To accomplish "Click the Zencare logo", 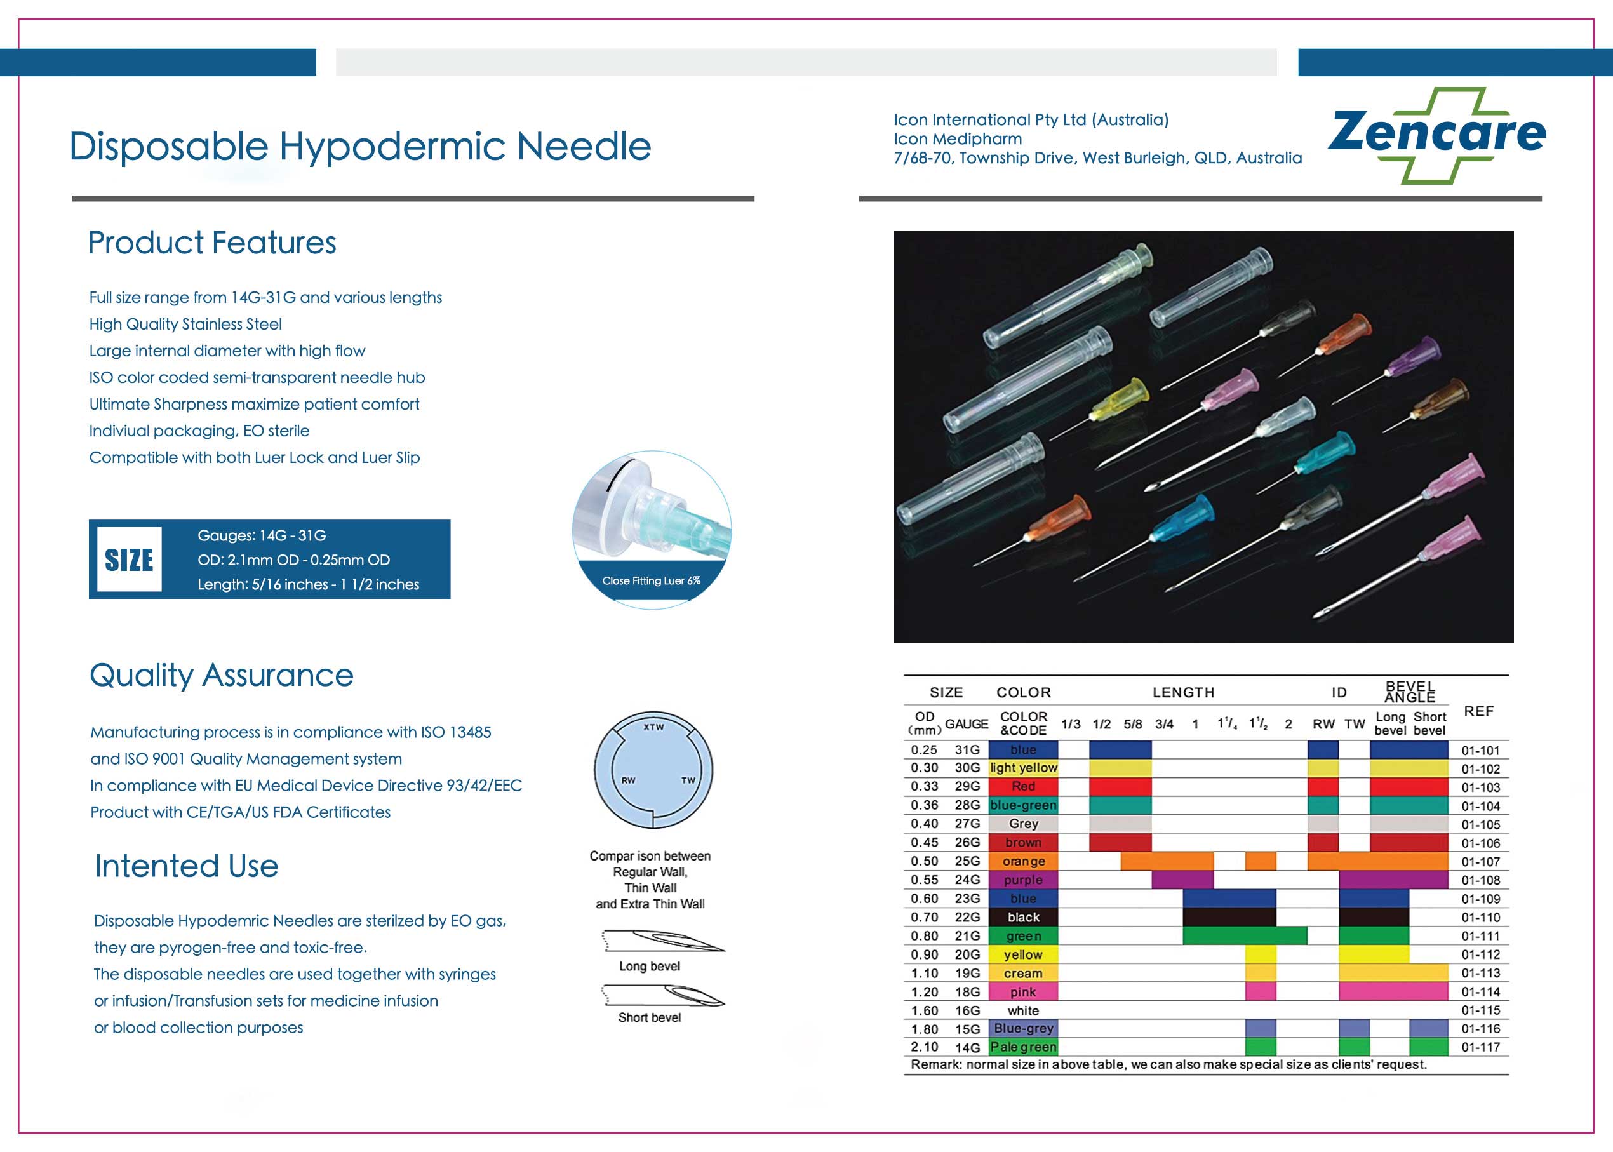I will point(1436,135).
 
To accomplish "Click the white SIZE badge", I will point(129,559).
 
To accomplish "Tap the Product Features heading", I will point(211,243).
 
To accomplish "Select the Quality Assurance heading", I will point(221,674).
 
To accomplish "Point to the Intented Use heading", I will point(187,866).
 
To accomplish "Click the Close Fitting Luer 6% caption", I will point(651,580).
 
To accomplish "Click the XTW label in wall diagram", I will point(653,727).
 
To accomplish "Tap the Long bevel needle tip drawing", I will point(663,941).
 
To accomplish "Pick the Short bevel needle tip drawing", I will point(663,995).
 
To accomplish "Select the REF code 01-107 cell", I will point(1480,862).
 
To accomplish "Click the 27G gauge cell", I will point(967,824).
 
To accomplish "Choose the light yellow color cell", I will point(1023,768).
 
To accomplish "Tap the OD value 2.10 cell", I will point(924,1047).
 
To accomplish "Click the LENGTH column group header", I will point(1183,692).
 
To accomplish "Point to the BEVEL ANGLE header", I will point(1410,692).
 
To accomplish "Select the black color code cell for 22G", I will point(1023,917).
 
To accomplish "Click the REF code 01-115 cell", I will point(1480,1010).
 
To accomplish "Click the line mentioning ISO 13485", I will point(290,732).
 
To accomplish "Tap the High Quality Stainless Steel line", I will point(185,324).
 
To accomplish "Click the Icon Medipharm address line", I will point(1097,157).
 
